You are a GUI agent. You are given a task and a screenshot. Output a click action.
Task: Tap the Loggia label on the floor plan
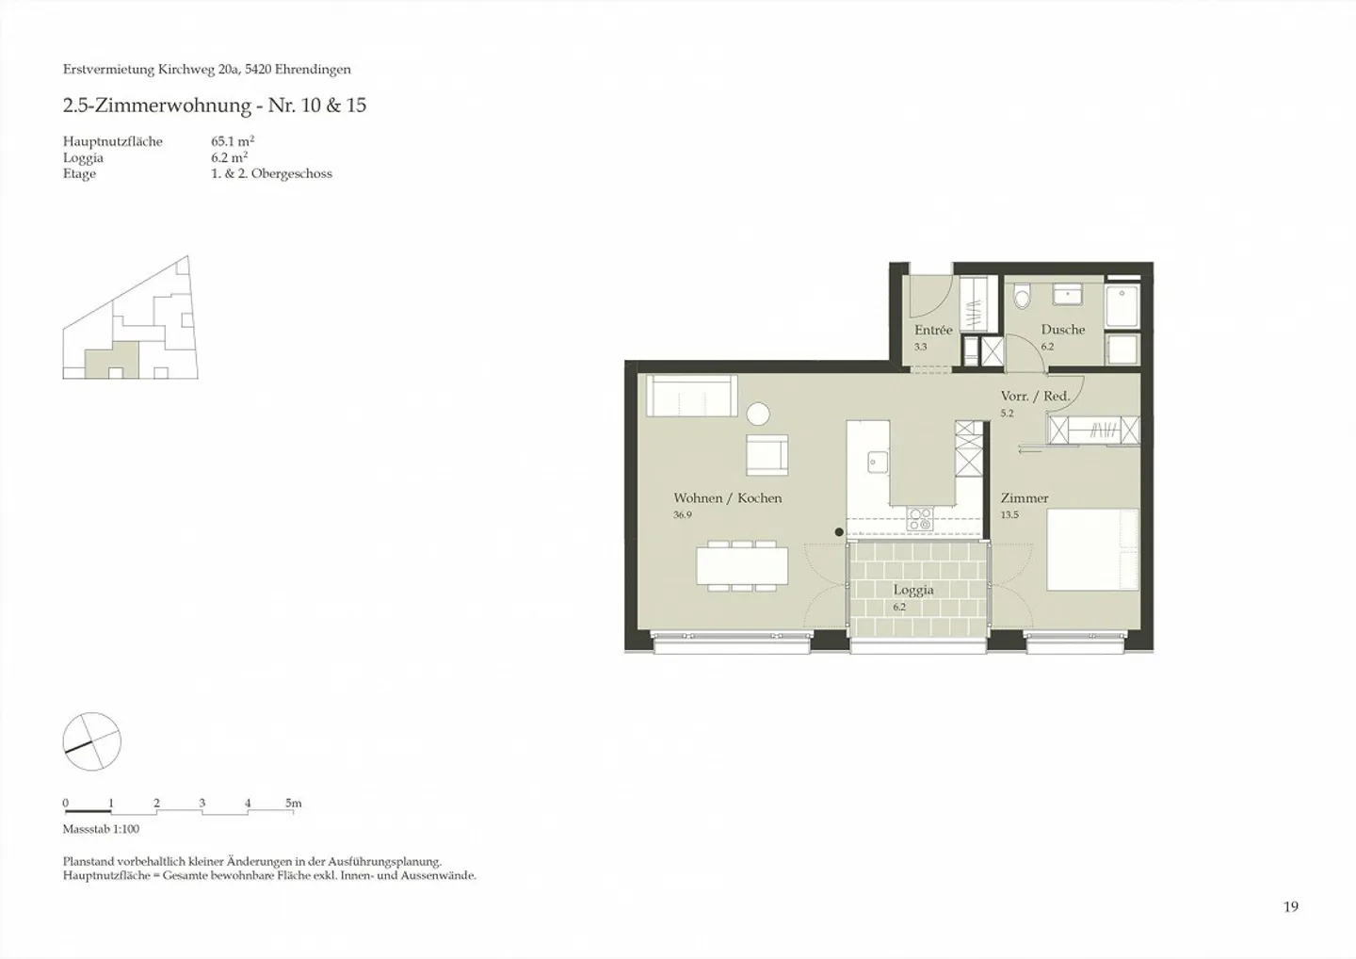913,591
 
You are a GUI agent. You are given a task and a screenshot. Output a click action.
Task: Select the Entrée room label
933,331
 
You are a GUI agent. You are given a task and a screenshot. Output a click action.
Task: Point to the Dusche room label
1062,330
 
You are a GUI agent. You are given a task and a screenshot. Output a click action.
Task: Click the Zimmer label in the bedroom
1024,498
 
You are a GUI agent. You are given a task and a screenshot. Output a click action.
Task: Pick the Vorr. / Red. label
1035,397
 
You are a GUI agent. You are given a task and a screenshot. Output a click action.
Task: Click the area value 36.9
682,515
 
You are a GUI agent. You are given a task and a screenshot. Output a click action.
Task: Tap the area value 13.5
1009,515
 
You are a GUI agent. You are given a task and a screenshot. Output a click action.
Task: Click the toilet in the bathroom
1022,298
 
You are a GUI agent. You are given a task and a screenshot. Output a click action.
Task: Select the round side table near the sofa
758,414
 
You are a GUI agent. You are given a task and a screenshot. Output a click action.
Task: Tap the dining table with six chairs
742,566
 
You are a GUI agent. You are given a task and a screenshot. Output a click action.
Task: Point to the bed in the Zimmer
1092,549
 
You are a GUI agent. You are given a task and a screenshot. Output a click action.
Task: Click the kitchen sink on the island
878,461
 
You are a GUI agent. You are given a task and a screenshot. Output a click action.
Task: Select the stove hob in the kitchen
919,517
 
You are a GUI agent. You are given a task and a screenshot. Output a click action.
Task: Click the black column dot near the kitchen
839,532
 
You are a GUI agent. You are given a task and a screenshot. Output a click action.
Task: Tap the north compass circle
91,741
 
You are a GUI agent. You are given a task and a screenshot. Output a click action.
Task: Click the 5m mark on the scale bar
294,804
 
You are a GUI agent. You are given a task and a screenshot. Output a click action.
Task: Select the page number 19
1290,907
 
